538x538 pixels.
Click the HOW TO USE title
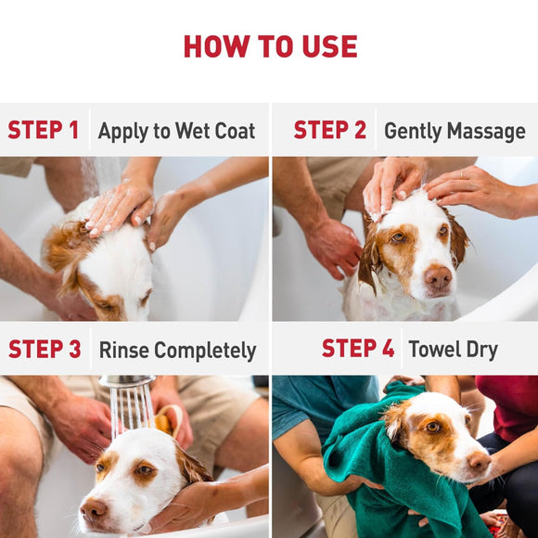[x=269, y=45]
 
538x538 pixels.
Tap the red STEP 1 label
[x=44, y=131]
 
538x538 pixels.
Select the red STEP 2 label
[x=329, y=131]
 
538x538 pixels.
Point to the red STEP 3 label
[x=45, y=350]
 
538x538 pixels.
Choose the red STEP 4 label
[x=358, y=349]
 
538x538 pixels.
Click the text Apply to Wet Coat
[x=176, y=132]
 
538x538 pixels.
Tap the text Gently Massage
[x=455, y=132]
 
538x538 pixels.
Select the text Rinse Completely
[x=177, y=351]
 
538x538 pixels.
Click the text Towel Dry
[x=453, y=350]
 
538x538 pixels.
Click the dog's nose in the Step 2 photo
[x=438, y=276]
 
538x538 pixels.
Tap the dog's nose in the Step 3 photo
[x=93, y=508]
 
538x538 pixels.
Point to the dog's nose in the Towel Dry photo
[x=480, y=461]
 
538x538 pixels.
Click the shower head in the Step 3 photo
[x=127, y=381]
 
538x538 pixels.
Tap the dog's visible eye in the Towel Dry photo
[x=432, y=427]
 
